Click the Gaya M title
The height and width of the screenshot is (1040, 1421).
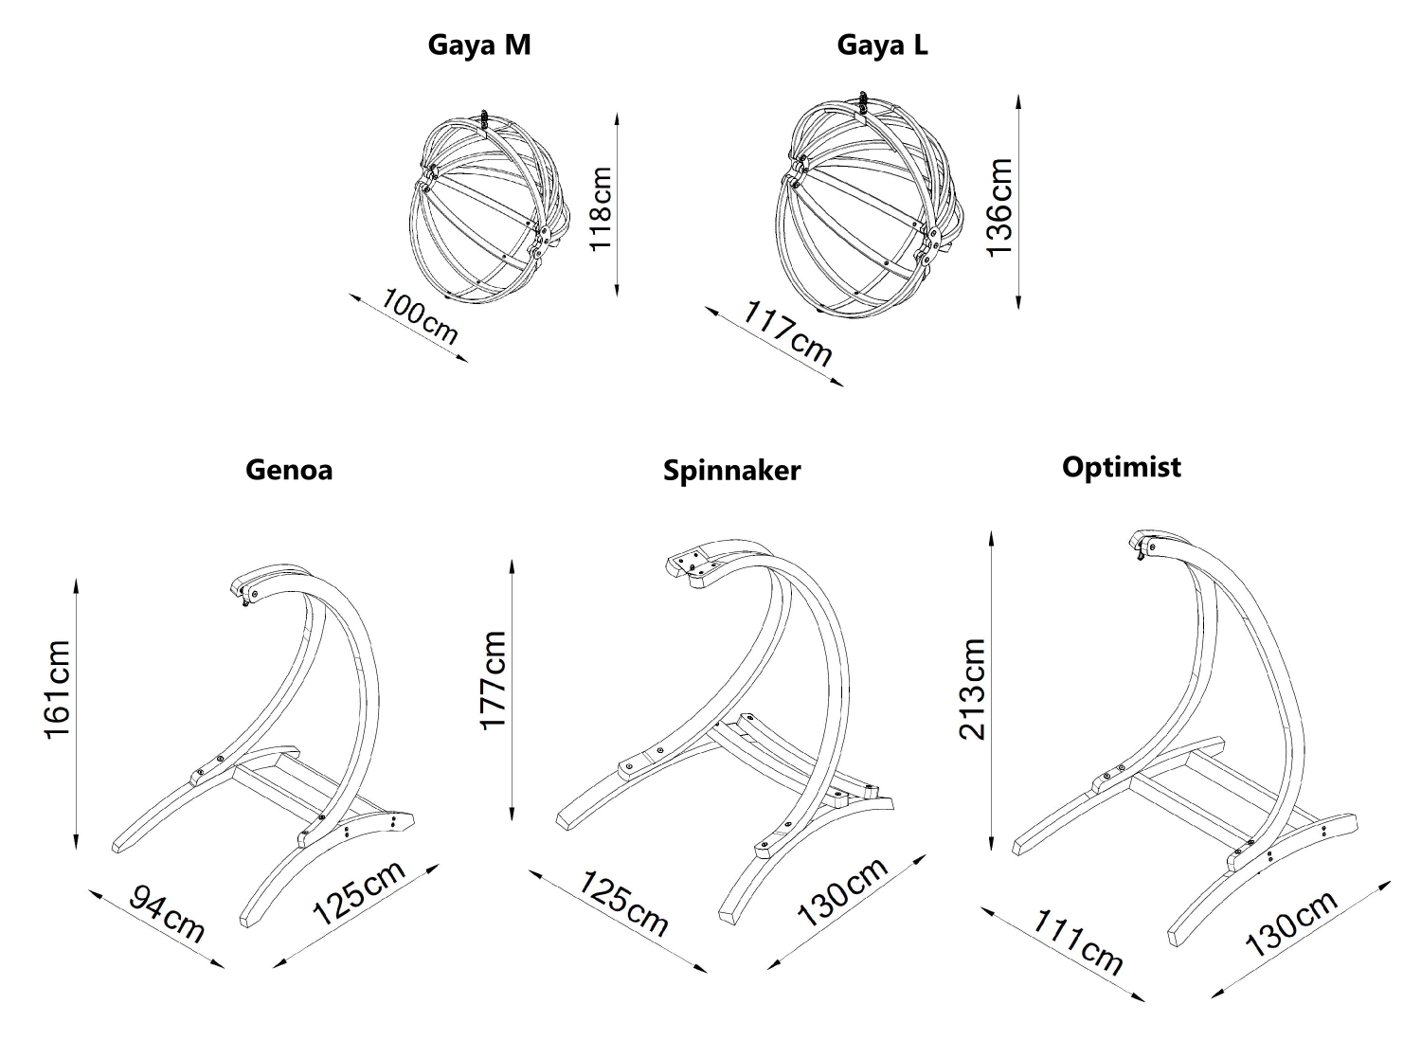pyautogui.click(x=478, y=45)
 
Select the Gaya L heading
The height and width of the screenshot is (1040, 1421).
pyautogui.click(x=882, y=45)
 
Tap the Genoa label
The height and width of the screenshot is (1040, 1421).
pyautogui.click(x=289, y=470)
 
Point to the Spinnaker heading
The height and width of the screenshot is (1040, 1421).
pyautogui.click(x=731, y=471)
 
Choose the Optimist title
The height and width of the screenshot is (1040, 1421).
pyautogui.click(x=1122, y=467)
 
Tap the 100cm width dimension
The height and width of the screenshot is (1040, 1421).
pyautogui.click(x=420, y=316)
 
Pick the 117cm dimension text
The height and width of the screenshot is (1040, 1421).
pyautogui.click(x=787, y=333)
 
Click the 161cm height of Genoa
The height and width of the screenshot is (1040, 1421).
pyautogui.click(x=58, y=692)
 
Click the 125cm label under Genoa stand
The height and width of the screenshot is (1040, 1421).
pyautogui.click(x=359, y=893)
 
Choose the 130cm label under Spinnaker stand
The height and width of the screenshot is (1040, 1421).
pyautogui.click(x=841, y=892)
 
